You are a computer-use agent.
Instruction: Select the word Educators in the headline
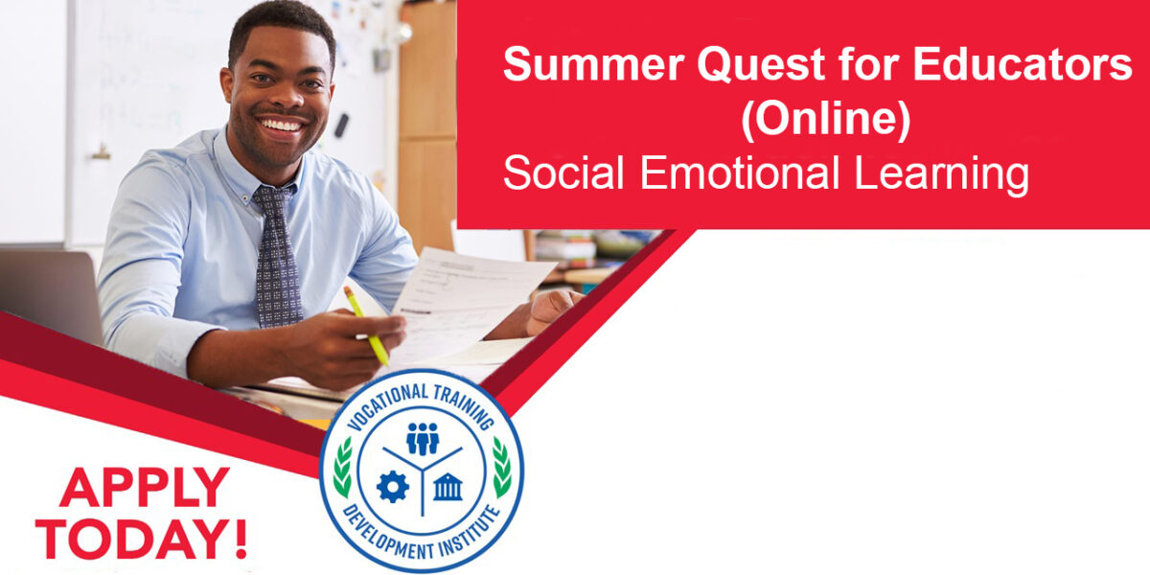(1023, 64)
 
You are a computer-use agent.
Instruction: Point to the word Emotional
(740, 172)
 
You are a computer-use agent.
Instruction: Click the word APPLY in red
(145, 487)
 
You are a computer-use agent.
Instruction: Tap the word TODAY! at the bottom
(141, 539)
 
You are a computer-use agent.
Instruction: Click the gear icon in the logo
(393, 487)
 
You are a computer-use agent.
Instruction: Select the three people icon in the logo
(423, 439)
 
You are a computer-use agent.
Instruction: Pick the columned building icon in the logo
(448, 487)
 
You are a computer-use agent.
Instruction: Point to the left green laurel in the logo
(343, 468)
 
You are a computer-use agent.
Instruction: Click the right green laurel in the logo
(501, 468)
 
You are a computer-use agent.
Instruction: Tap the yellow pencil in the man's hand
(366, 326)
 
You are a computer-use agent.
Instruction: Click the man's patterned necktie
(277, 256)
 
